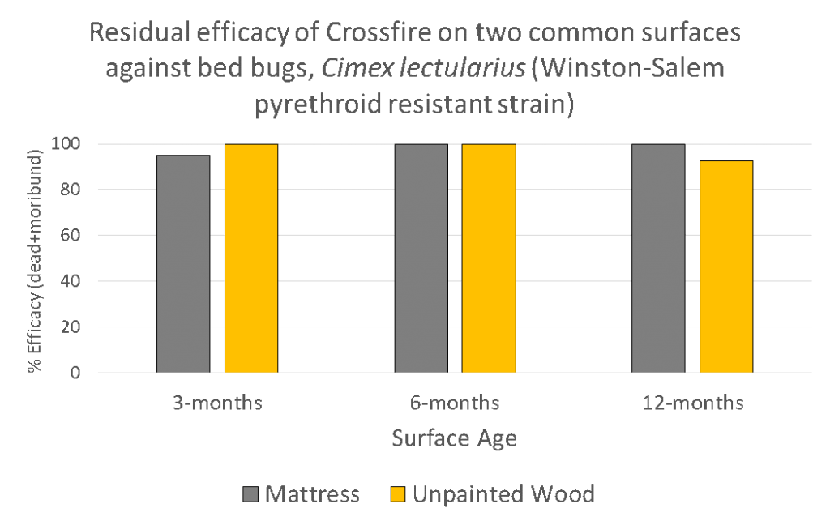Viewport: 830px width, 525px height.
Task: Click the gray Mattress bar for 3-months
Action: [x=183, y=264]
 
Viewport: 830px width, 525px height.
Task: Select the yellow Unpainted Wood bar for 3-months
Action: [x=251, y=258]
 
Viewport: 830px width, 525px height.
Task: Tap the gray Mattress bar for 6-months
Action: [x=421, y=258]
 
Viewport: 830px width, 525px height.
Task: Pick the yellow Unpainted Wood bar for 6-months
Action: [x=489, y=258]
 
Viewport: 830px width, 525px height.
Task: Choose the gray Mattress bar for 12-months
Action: [x=658, y=258]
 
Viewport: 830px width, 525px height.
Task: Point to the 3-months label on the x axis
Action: [x=217, y=403]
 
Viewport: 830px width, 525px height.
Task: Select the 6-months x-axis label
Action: [x=455, y=403]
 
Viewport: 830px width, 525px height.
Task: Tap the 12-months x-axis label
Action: [x=692, y=403]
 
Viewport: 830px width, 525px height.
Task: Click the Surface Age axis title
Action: [x=455, y=438]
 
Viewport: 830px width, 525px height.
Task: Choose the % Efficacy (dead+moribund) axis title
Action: [x=35, y=259]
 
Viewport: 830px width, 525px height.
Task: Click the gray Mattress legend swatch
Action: [x=249, y=494]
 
